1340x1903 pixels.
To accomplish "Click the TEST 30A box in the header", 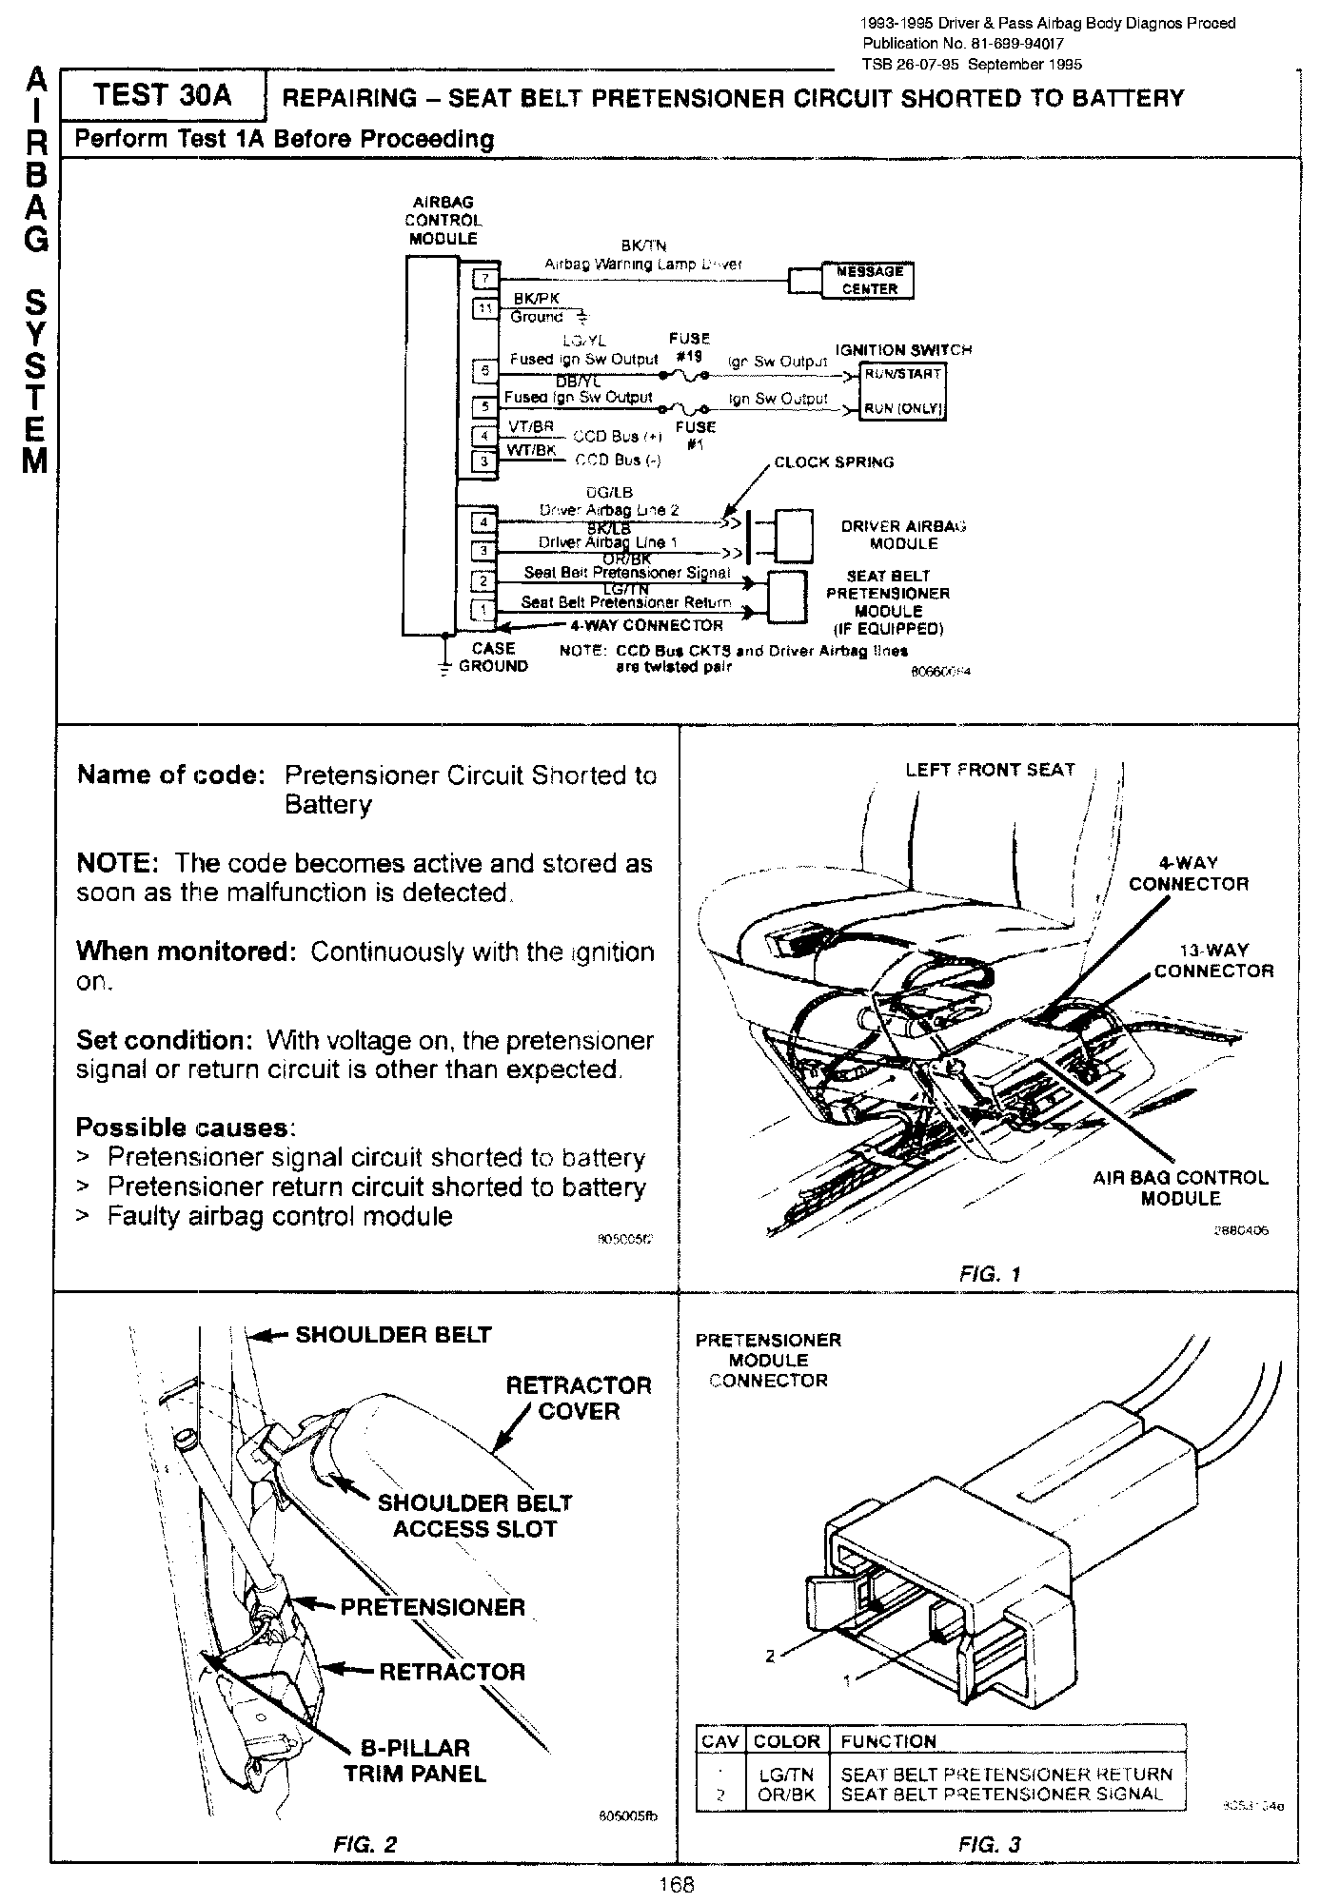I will pos(161,96).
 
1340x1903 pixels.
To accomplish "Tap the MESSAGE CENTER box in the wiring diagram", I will pos(869,281).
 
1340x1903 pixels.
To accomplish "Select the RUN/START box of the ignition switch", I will pos(901,374).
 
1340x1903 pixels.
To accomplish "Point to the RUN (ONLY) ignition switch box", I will pos(901,409).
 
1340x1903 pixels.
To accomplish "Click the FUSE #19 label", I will pos(689,347).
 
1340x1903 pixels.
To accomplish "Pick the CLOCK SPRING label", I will pos(834,462).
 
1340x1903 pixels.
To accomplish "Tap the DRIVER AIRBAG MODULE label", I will pos(903,535).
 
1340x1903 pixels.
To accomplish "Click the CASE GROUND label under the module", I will pos(492,657).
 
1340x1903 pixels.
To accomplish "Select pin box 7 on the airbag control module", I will pos(484,278).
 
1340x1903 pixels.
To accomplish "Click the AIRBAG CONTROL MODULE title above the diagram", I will pos(443,221).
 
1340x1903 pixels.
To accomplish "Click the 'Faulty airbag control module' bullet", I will pos(279,1216).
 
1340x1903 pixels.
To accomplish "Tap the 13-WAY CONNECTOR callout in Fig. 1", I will pos(1213,960).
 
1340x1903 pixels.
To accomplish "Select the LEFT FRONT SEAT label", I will pos(990,770).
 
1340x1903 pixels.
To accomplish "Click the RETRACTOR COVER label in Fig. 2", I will pos(579,1398).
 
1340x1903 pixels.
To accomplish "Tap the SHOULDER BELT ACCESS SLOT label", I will pos(474,1516).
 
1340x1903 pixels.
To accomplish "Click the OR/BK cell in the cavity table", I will pos(787,1794).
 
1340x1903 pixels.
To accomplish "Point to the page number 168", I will pos(676,1885).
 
